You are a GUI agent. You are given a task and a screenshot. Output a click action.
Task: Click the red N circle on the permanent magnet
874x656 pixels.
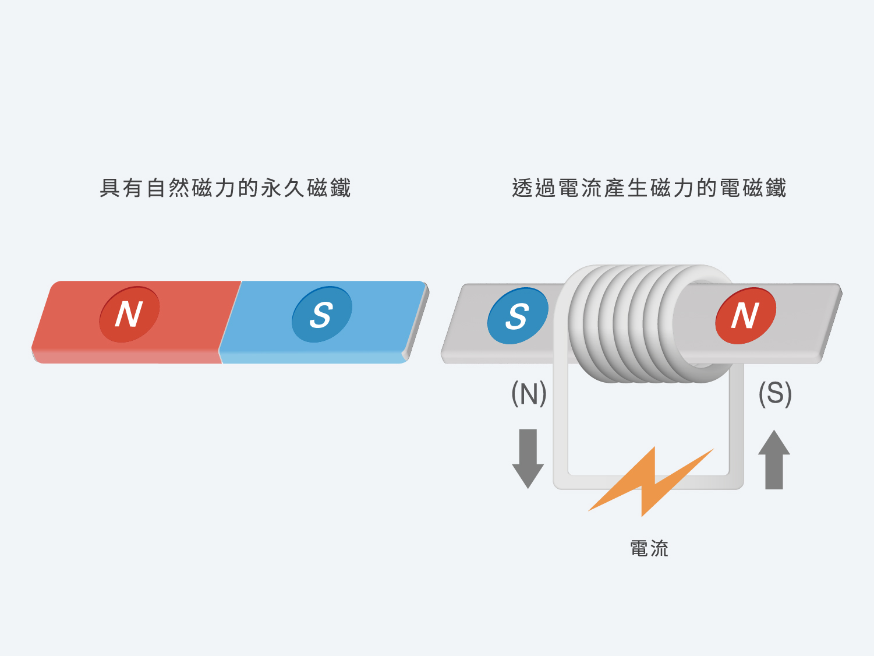(129, 314)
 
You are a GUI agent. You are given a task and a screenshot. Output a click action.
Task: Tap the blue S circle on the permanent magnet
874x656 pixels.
(322, 314)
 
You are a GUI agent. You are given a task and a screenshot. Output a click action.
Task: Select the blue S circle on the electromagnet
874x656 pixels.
(518, 316)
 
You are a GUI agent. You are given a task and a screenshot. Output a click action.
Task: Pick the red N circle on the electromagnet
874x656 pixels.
(745, 316)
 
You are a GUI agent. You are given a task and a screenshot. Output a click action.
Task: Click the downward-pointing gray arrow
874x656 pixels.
(528, 459)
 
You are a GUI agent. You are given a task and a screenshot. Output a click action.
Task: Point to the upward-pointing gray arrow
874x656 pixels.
(774, 459)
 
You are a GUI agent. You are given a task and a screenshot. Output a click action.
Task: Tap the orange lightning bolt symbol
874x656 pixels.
(651, 482)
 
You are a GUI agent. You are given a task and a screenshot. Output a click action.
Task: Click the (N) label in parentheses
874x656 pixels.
(529, 393)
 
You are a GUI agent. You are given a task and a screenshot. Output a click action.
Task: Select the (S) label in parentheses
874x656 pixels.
(775, 393)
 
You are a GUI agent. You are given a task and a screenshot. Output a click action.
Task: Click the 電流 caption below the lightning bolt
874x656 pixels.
(649, 548)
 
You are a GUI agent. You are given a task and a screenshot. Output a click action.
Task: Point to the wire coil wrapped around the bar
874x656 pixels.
(645, 323)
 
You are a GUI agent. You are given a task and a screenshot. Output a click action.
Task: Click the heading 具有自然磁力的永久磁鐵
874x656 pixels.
(225, 188)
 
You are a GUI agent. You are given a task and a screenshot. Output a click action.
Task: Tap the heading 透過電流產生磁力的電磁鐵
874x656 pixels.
(649, 188)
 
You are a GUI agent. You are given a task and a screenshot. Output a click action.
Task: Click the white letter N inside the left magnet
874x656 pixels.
(129, 314)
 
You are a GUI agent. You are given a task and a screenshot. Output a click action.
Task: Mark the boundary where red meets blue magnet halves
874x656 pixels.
(231, 322)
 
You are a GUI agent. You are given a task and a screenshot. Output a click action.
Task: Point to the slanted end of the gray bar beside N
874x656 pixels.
(830, 323)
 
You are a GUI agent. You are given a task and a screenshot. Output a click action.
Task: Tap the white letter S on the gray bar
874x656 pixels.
(517, 316)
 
